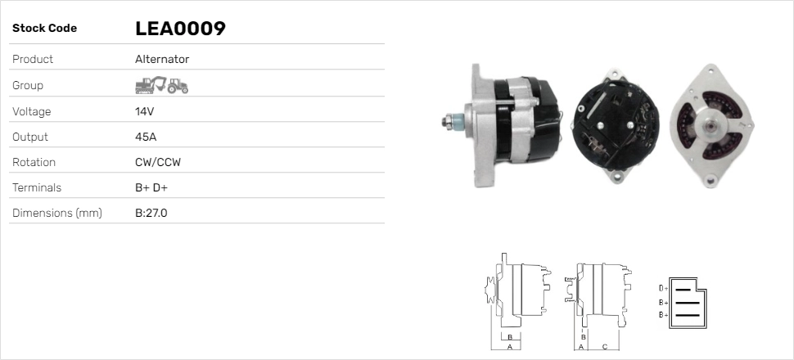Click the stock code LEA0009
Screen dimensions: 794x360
pyautogui.click(x=180, y=29)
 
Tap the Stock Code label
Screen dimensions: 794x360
pyautogui.click(x=44, y=29)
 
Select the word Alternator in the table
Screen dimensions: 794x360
pyautogui.click(x=162, y=59)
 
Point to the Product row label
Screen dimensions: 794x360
pyautogui.click(x=33, y=59)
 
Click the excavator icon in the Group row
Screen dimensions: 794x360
pyautogui.click(x=151, y=85)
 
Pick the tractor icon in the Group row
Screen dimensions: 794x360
pyautogui.click(x=178, y=86)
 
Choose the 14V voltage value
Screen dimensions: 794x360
pyautogui.click(x=144, y=111)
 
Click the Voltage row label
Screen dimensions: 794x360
pyautogui.click(x=31, y=111)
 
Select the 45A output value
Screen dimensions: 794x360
pyautogui.click(x=146, y=137)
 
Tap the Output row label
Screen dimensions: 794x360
pyautogui.click(x=29, y=137)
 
